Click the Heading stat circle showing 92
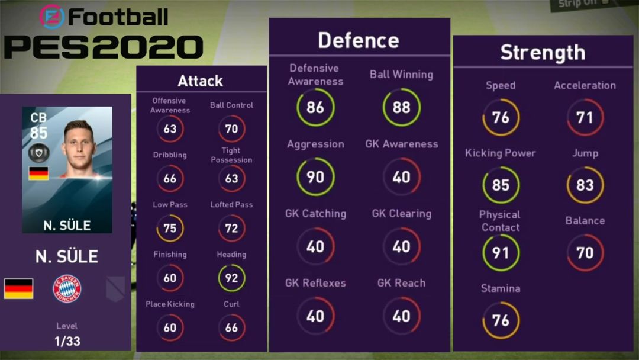(x=231, y=278)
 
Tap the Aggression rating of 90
(x=315, y=176)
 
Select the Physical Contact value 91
(x=501, y=253)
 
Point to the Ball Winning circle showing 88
(x=401, y=107)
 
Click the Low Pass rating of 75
(x=170, y=228)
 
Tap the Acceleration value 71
(x=585, y=117)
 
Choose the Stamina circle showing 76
(x=501, y=320)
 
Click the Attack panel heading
(x=201, y=81)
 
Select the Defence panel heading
(x=359, y=40)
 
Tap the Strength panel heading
(x=543, y=52)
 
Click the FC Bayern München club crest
(x=67, y=288)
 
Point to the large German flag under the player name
(x=19, y=288)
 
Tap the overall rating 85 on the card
(x=38, y=132)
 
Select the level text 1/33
(x=67, y=340)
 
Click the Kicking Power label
(x=500, y=153)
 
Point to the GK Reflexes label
(x=315, y=283)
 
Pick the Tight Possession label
(x=231, y=155)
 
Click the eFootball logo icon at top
(x=52, y=17)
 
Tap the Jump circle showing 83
(x=585, y=185)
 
